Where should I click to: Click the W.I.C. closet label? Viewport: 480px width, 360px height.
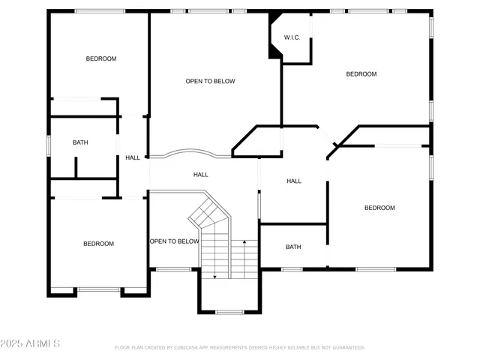pyautogui.click(x=292, y=37)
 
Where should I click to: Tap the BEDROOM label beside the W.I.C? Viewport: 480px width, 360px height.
pyautogui.click(x=361, y=73)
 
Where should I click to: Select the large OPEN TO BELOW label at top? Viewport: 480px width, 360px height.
pyautogui.click(x=211, y=81)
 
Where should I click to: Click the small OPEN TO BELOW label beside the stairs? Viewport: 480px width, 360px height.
pyautogui.click(x=174, y=241)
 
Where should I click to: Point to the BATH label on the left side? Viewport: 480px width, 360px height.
pyautogui.click(x=80, y=142)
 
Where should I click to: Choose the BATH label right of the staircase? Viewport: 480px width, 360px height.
pyautogui.click(x=293, y=247)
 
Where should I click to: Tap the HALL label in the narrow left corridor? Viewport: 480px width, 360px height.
pyautogui.click(x=133, y=157)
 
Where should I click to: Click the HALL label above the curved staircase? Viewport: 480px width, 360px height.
pyautogui.click(x=201, y=175)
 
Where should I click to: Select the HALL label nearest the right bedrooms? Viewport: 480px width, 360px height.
pyautogui.click(x=294, y=181)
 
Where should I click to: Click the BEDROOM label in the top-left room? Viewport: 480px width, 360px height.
pyautogui.click(x=101, y=58)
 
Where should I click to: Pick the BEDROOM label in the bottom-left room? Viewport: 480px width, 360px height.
pyautogui.click(x=98, y=244)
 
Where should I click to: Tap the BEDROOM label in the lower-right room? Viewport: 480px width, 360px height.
pyautogui.click(x=379, y=208)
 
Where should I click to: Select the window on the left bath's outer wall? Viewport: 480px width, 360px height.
pyautogui.click(x=49, y=144)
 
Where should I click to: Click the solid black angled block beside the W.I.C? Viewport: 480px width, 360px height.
pyautogui.click(x=274, y=37)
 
